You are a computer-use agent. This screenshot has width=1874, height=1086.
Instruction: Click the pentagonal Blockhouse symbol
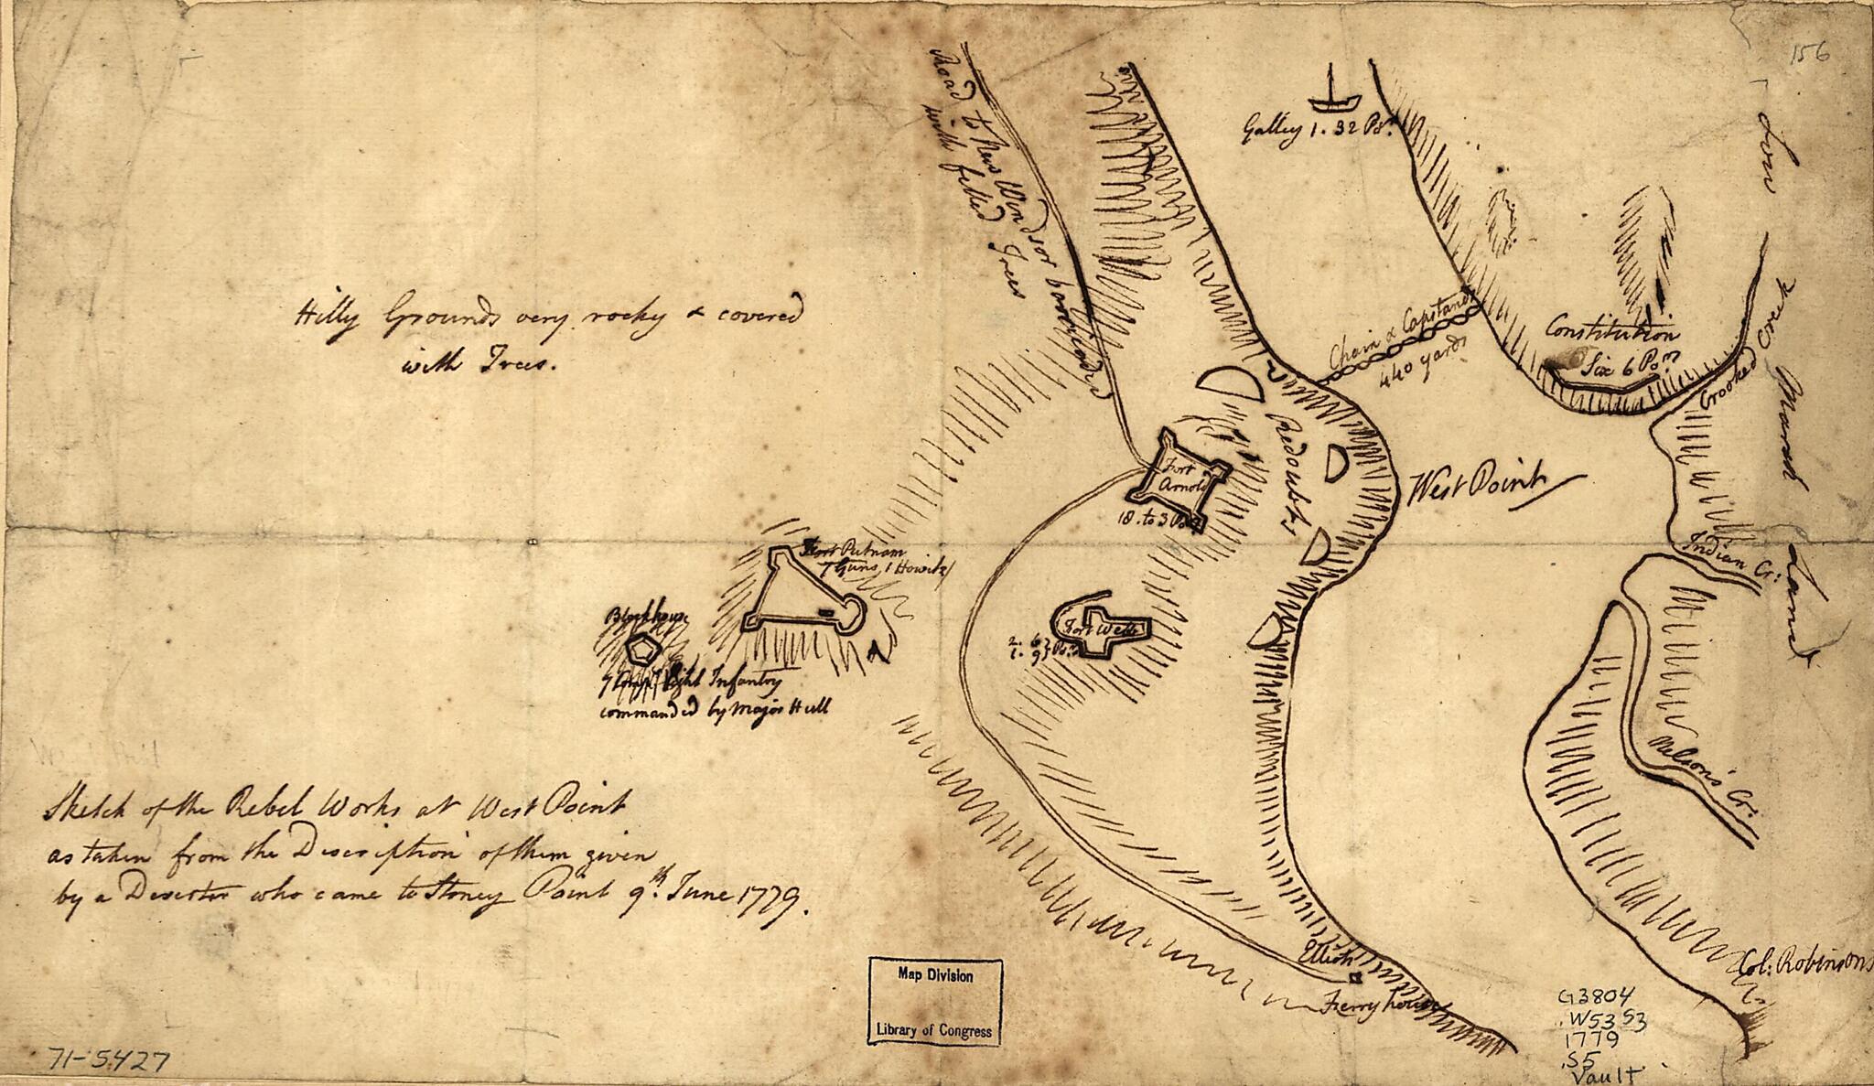[x=643, y=650]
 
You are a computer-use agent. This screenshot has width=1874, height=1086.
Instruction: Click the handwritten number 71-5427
[x=106, y=1062]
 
